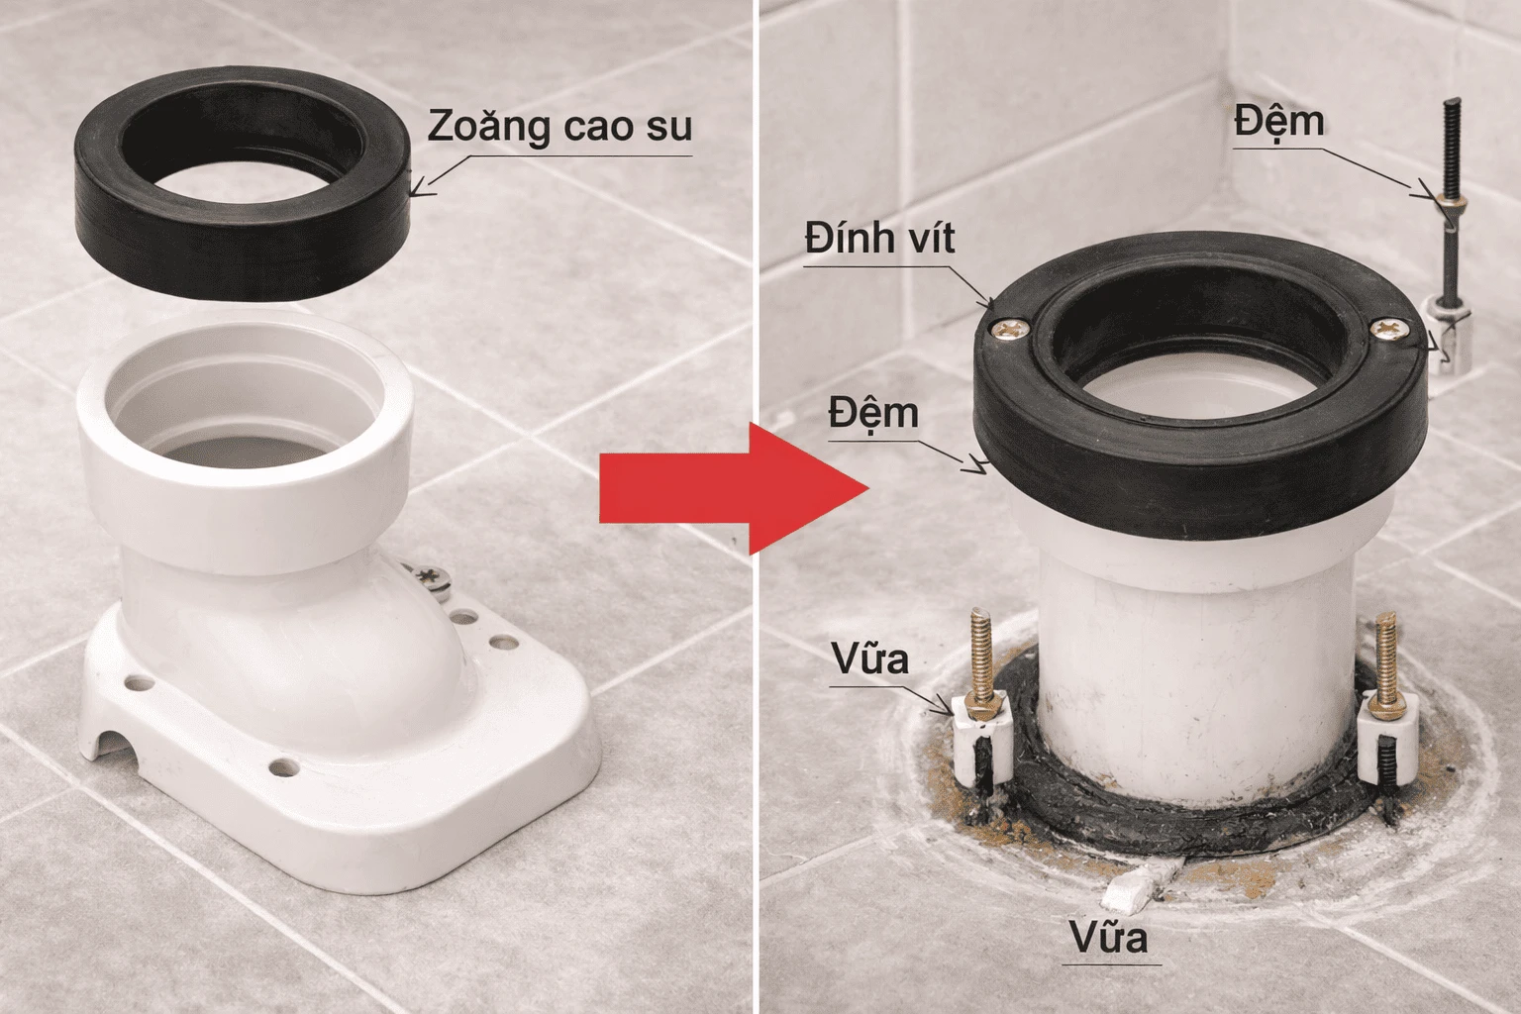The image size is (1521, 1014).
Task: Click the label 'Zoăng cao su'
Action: coord(559,128)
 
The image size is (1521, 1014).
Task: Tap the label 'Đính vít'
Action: coord(879,239)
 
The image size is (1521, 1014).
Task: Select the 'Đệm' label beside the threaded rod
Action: coord(1278,122)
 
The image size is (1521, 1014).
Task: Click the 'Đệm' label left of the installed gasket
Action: coord(873,413)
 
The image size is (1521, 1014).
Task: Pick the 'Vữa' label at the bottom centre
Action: coord(1109,936)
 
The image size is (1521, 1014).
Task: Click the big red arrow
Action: coord(733,487)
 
